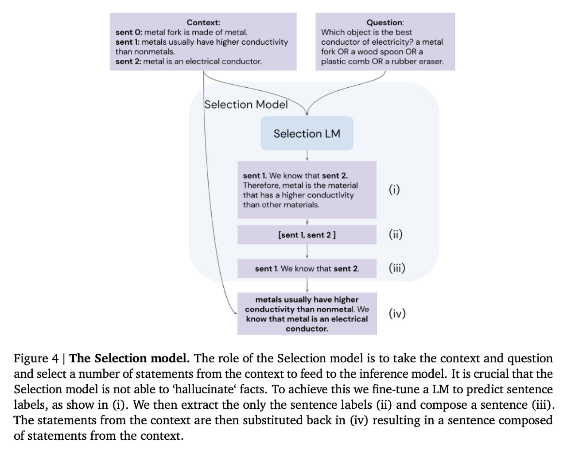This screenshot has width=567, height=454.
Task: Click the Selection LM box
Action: tap(307, 133)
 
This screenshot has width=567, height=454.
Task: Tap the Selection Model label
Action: tap(246, 105)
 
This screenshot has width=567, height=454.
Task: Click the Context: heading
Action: tap(203, 22)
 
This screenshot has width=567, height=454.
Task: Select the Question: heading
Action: tap(385, 22)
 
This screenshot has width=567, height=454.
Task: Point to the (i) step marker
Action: tap(394, 190)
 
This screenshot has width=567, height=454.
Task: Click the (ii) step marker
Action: tap(396, 234)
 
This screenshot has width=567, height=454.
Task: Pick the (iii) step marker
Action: tap(397, 268)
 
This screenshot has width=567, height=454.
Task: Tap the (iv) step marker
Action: tap(397, 314)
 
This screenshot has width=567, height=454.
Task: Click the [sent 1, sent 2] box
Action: tap(307, 235)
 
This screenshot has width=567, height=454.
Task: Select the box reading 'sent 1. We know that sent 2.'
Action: tap(307, 268)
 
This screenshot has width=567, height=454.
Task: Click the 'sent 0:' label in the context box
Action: tap(129, 32)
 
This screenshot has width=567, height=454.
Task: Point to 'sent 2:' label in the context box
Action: tap(128, 62)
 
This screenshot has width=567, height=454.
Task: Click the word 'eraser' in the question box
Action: tap(431, 62)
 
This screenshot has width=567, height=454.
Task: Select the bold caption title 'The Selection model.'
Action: tap(130, 358)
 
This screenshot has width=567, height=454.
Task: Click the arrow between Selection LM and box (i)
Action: tap(307, 155)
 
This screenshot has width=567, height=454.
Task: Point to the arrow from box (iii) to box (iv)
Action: tap(307, 285)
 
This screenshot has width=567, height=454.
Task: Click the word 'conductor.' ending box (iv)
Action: tap(307, 329)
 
